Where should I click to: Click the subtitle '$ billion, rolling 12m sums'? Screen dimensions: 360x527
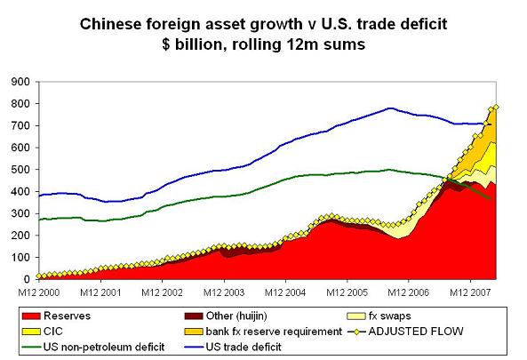pos(264,43)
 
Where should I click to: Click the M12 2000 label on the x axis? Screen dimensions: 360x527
pos(44,291)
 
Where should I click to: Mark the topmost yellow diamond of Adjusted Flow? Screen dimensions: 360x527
pos(496,107)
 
